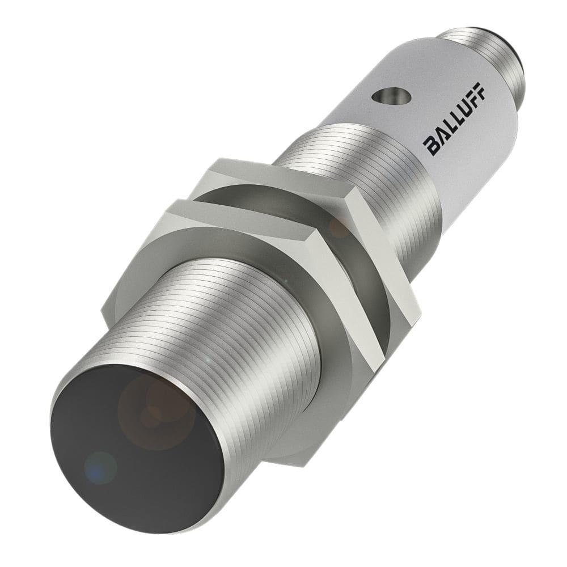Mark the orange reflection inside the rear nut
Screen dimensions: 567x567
tap(339, 228)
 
